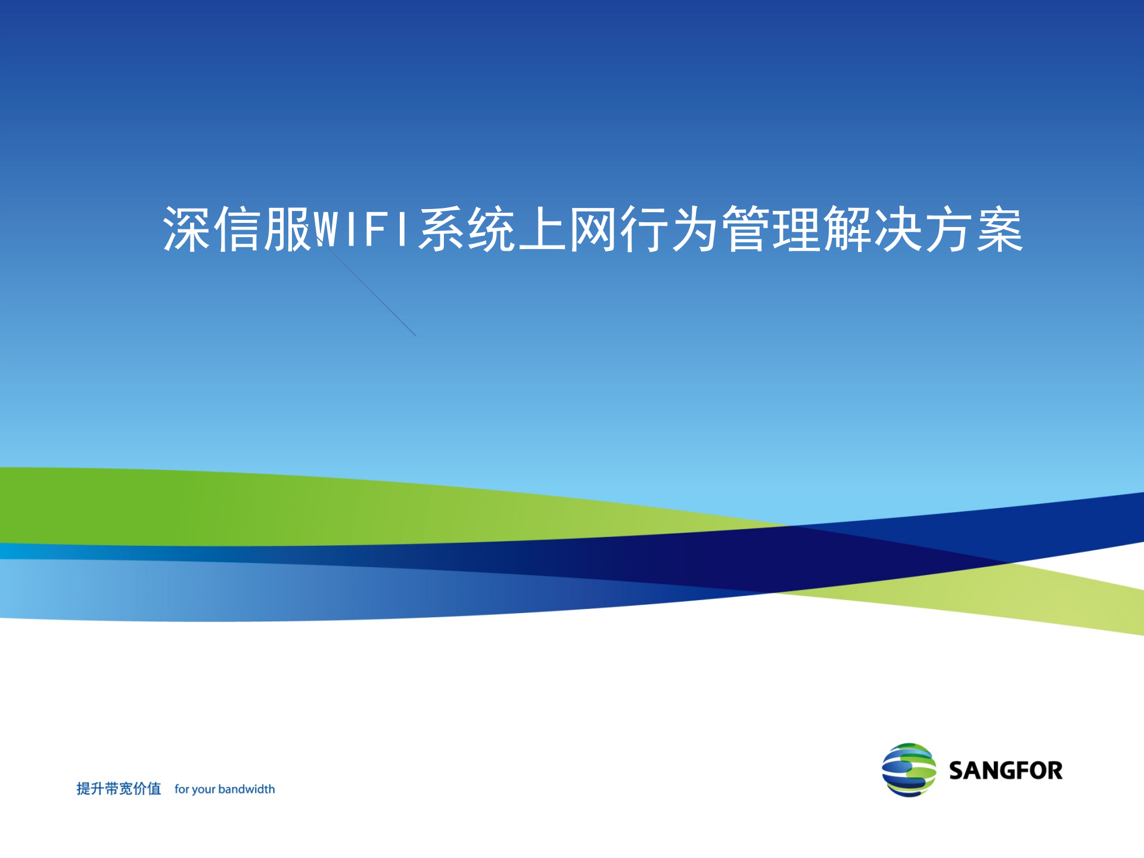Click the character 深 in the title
[x=186, y=229]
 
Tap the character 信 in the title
[x=237, y=229]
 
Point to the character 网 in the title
[x=593, y=229]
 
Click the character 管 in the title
[x=745, y=229]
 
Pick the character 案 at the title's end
[x=1000, y=229]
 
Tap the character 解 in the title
[x=847, y=229]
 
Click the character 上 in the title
[x=542, y=229]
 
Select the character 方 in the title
[x=949, y=229]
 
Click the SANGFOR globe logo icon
[x=909, y=770]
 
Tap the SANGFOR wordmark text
[x=1006, y=770]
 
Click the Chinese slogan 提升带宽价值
[x=119, y=789]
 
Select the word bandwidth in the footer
[x=247, y=789]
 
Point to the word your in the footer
[x=204, y=789]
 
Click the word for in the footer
[x=181, y=789]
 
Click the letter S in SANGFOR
[x=957, y=770]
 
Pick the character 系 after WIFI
[x=442, y=229]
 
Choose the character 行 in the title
[x=643, y=229]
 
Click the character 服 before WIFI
[x=288, y=229]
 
